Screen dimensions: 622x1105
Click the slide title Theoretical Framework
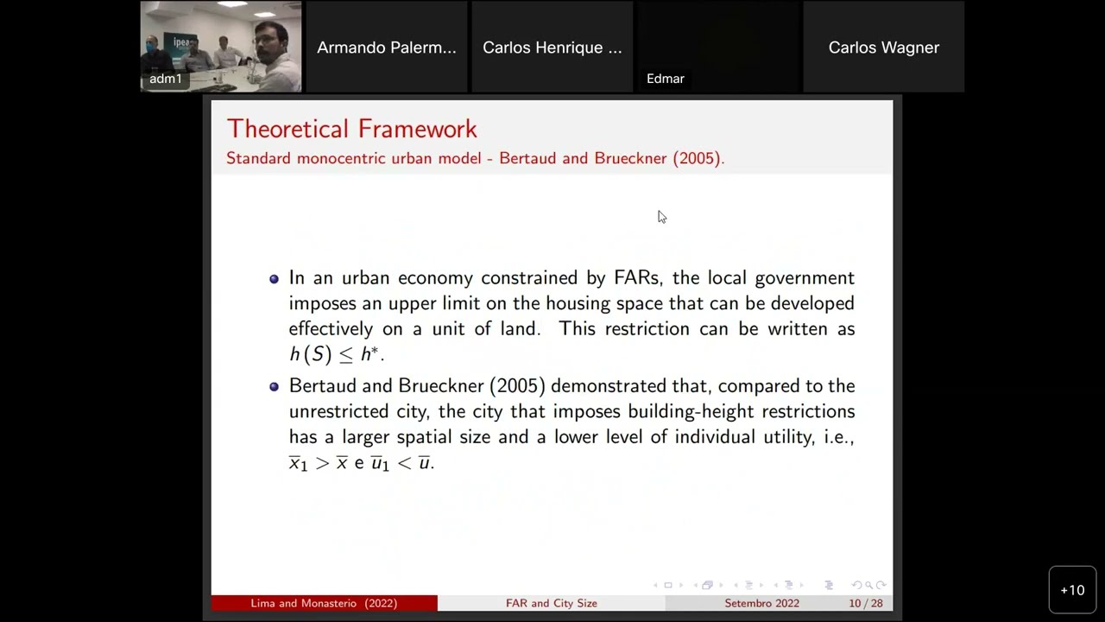[x=351, y=129]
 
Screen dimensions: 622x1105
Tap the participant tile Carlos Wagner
[x=883, y=48]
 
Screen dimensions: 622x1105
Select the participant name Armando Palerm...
[x=386, y=48]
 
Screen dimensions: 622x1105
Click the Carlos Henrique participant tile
[x=552, y=48]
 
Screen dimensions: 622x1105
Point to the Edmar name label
[x=665, y=79]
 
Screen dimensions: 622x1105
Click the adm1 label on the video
[x=165, y=79]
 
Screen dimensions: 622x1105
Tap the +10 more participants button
[x=1072, y=590]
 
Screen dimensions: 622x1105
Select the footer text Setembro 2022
[x=761, y=603]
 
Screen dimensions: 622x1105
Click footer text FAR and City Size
[x=551, y=603]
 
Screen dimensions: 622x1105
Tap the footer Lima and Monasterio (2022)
[x=324, y=603]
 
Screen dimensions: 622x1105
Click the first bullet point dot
[x=275, y=279]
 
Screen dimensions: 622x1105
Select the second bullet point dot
[x=275, y=387]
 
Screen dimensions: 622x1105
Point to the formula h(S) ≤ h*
[x=336, y=353]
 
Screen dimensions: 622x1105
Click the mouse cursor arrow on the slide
[x=660, y=216]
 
